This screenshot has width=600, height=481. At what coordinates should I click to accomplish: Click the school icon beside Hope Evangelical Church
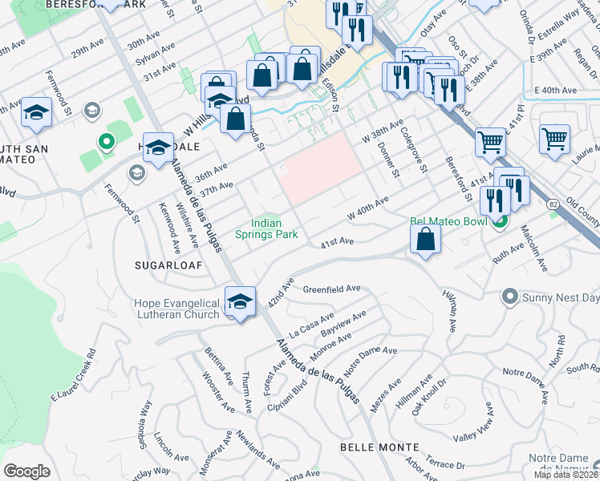[240, 302]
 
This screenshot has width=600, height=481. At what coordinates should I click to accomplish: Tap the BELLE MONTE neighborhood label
[379, 447]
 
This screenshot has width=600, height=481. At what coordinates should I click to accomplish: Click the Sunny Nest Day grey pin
[508, 297]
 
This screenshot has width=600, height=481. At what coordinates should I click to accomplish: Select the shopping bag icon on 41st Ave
[425, 239]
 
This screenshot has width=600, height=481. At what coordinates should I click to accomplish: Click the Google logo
[26, 471]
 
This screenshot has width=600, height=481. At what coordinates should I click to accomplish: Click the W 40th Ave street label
[367, 208]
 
